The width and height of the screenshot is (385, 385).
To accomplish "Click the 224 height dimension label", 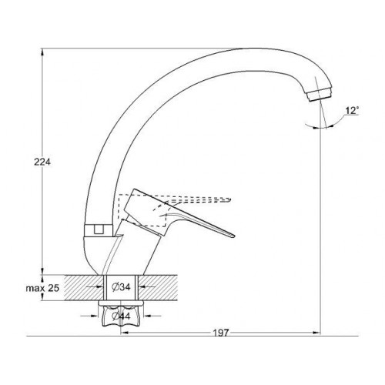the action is (42, 162).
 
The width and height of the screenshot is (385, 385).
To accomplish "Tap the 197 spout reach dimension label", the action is (221, 333).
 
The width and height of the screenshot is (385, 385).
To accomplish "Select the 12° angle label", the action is (352, 111).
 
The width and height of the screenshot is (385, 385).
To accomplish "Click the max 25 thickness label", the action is (42, 288).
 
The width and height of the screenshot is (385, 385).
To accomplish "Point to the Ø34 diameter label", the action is (122, 287).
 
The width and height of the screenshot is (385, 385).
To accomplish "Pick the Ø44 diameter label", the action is (122, 316).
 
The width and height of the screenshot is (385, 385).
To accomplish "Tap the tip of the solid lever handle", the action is (234, 236).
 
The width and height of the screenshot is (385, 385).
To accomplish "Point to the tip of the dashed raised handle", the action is (231, 199).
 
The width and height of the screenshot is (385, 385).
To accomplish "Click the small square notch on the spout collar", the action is (99, 229).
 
